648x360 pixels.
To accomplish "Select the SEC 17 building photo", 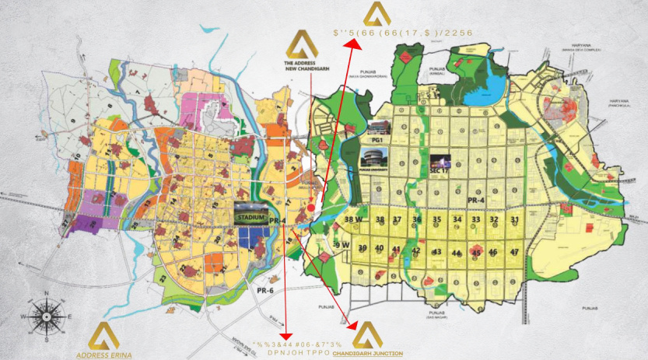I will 440,163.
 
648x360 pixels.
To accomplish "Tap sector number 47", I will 514,252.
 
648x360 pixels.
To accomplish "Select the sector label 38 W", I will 354,220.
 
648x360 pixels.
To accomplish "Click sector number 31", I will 514,220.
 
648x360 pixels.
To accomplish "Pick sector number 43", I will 437,252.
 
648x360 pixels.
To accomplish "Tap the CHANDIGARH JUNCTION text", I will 368,354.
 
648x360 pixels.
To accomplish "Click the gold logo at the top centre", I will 377,13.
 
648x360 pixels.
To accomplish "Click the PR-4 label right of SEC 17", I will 477,200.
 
